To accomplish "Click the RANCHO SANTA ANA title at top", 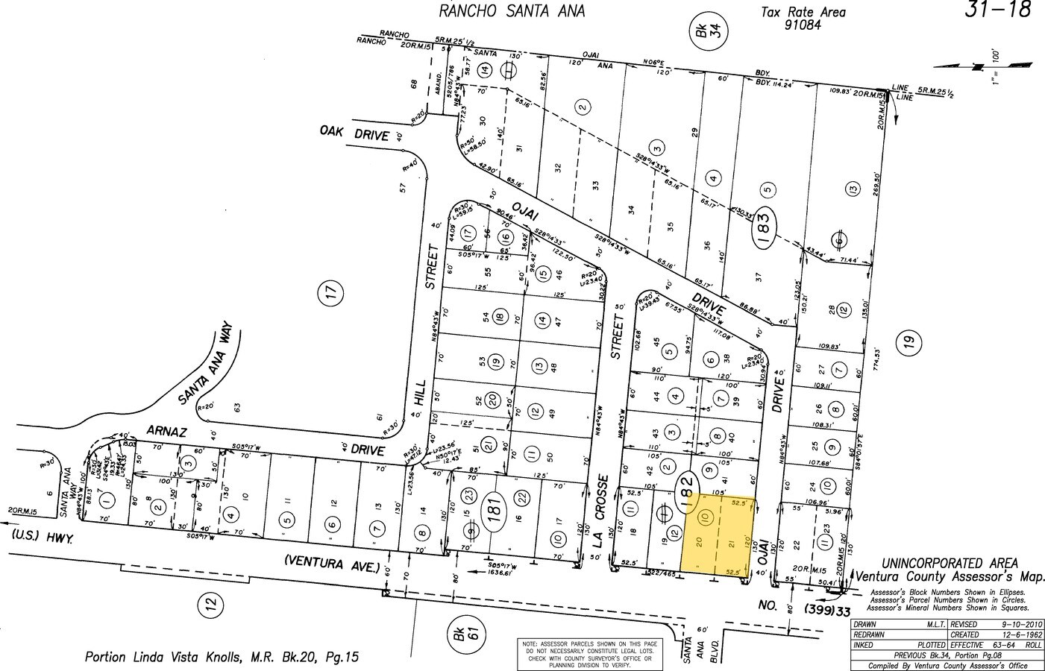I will click(x=511, y=11).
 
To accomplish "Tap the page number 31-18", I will click(x=998, y=10).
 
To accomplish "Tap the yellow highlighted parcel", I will click(x=719, y=535).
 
